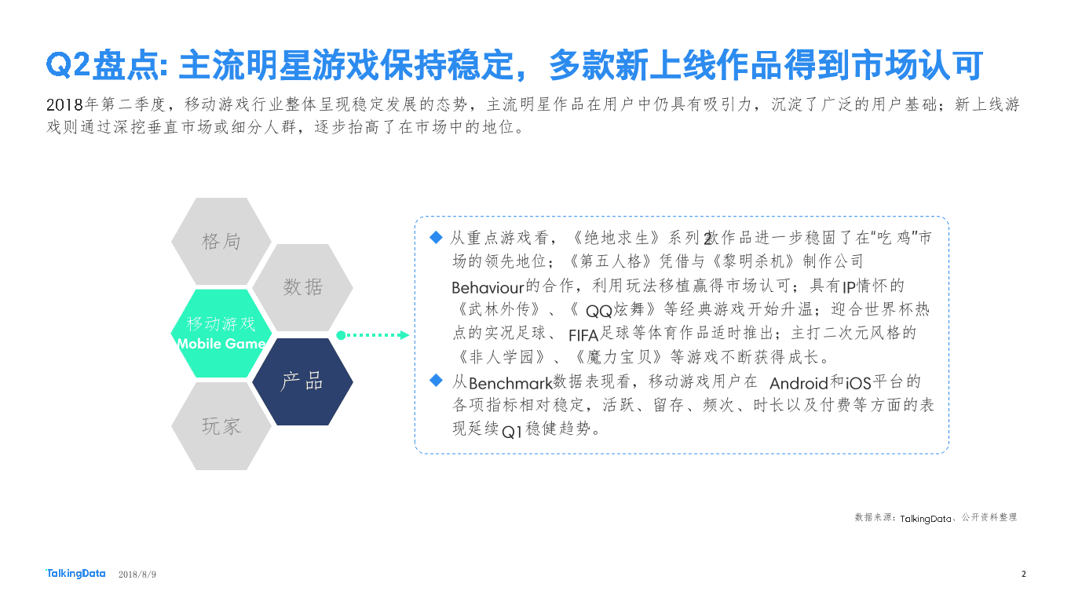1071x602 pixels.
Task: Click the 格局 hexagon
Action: (221, 241)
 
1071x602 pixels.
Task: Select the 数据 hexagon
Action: (302, 287)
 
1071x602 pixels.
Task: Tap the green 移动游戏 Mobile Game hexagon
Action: (221, 334)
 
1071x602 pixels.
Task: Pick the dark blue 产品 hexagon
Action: (302, 381)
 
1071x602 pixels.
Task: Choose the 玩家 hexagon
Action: (221, 426)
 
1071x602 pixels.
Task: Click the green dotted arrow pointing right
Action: (373, 335)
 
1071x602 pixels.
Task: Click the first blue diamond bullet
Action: (437, 237)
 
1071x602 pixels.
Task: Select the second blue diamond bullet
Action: (437, 381)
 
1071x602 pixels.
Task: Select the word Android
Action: (799, 383)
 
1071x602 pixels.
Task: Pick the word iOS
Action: (858, 383)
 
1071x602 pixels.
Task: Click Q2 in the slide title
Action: (69, 66)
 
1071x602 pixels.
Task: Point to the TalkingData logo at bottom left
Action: (75, 574)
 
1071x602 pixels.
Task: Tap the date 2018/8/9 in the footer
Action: (137, 575)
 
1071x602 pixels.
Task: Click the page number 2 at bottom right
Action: (1024, 574)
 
